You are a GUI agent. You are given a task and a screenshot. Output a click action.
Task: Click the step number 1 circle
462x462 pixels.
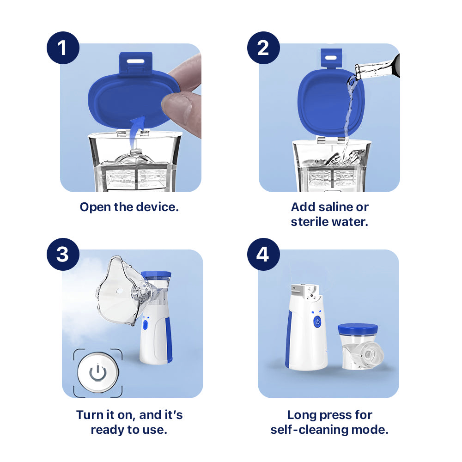tap(63, 48)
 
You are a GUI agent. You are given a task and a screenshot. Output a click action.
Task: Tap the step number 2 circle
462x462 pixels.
tap(263, 48)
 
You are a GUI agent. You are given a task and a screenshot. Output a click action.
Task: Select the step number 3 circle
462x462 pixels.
tap(63, 255)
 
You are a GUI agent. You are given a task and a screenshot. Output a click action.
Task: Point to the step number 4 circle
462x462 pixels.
tap(263, 255)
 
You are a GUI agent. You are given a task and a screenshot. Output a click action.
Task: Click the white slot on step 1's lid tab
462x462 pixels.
tap(136, 60)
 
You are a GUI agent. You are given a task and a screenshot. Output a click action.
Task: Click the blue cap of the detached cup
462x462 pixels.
tap(358, 329)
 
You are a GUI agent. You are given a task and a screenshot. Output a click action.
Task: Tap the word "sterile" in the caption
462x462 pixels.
tap(309, 222)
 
